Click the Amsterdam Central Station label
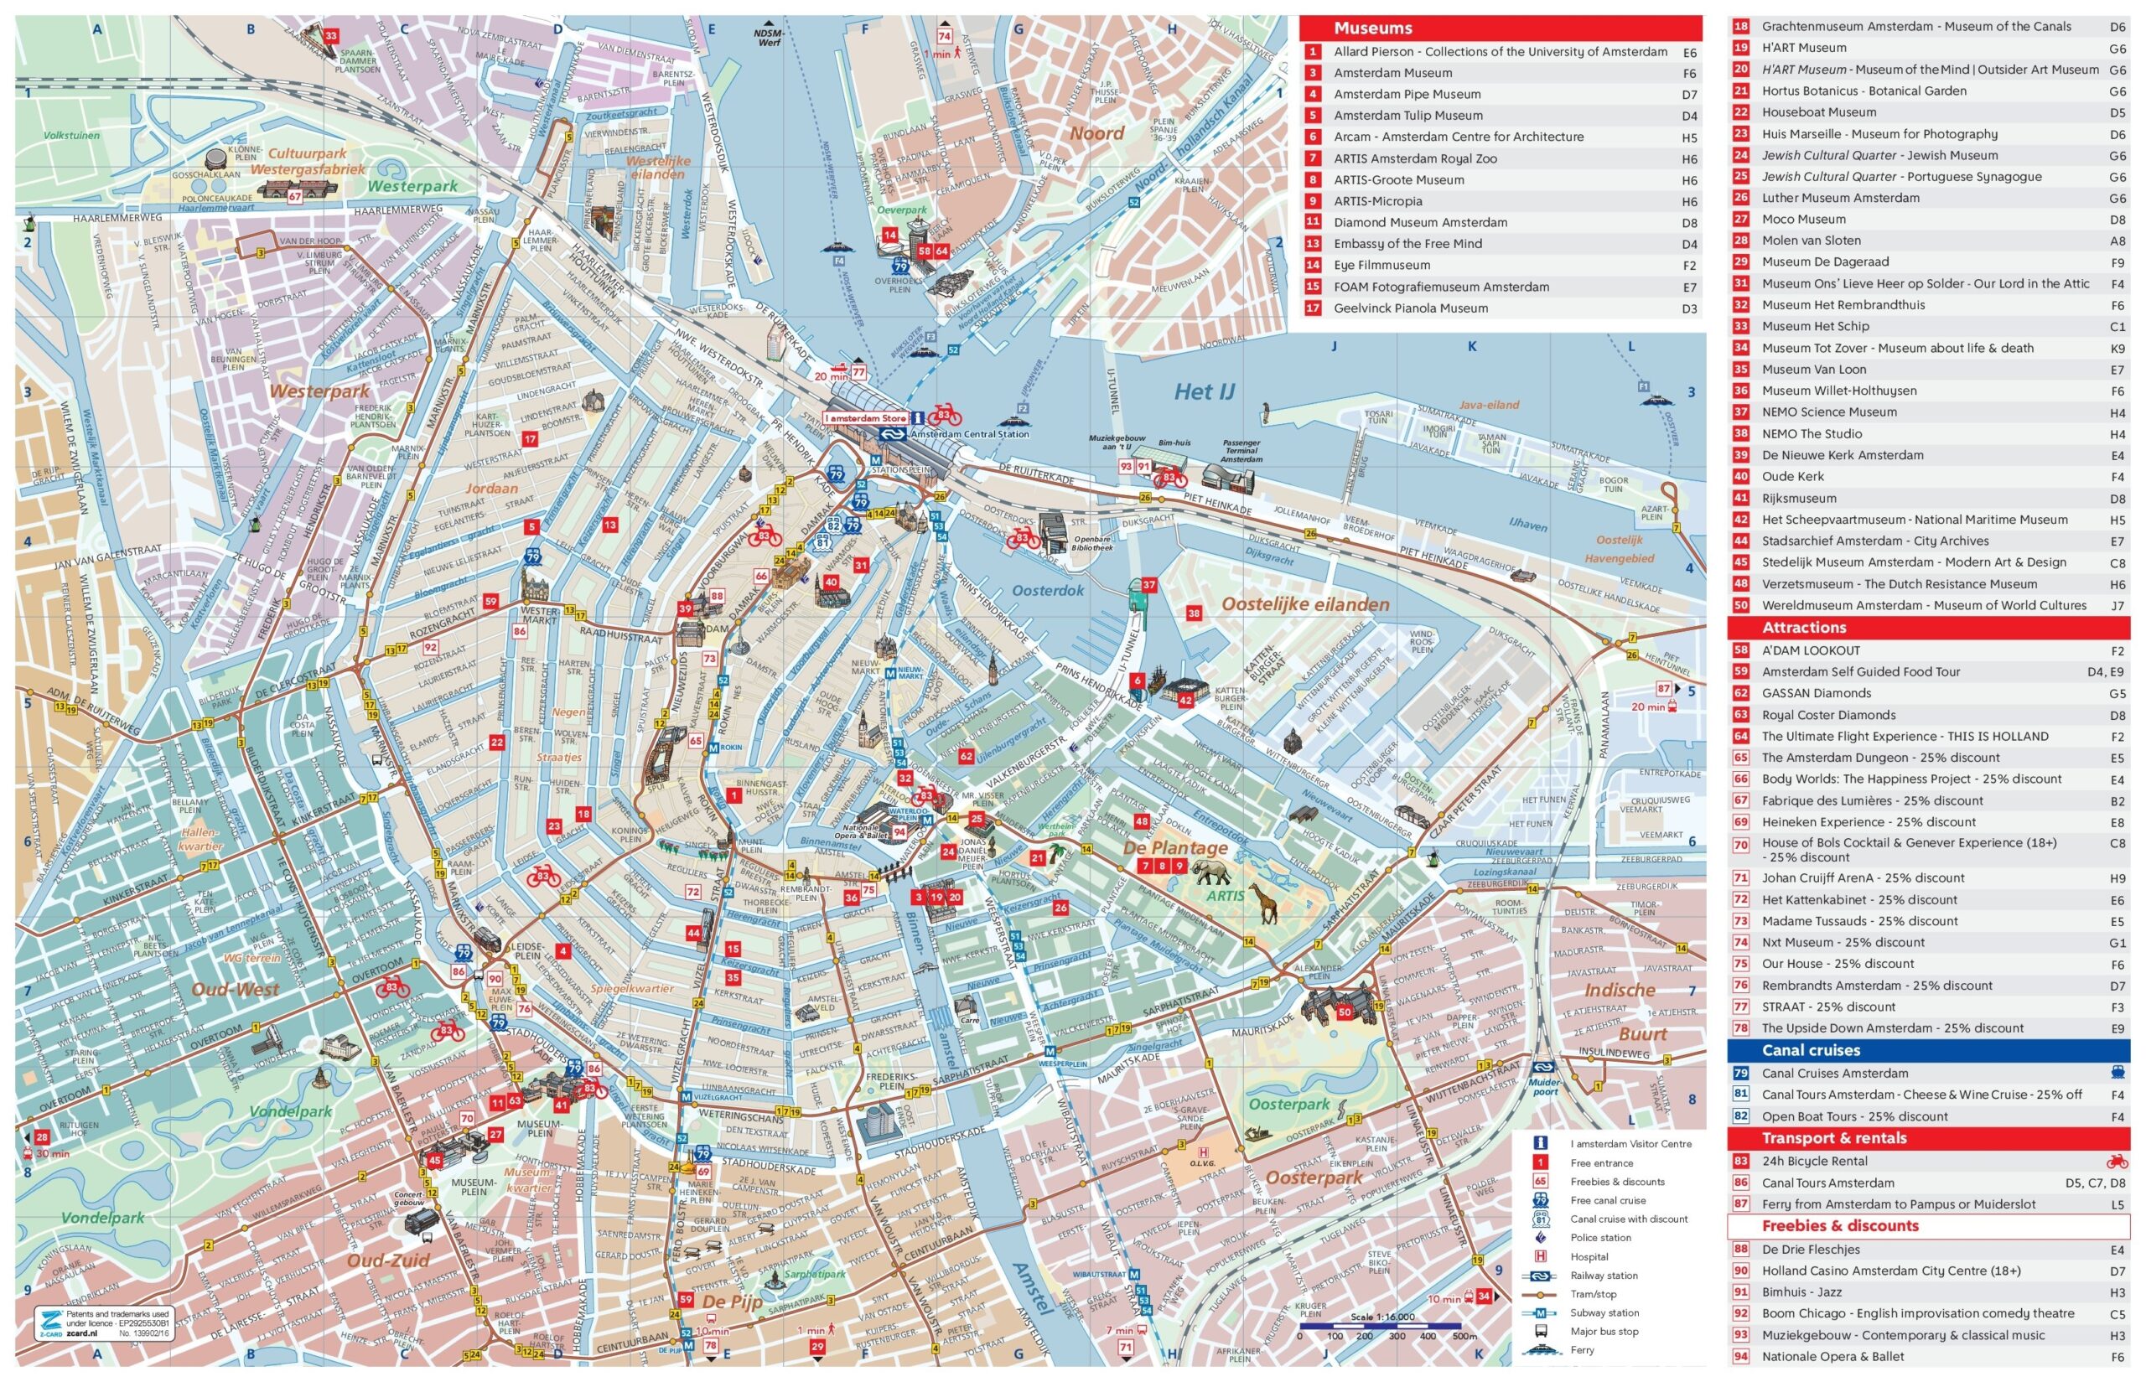click(x=969, y=434)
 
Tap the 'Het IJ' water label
click(x=1205, y=391)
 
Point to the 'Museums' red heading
click(x=1372, y=28)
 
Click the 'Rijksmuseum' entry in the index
click(x=1798, y=498)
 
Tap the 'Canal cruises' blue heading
click(x=1811, y=1050)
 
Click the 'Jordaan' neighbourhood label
click(x=492, y=489)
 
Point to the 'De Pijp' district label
click(x=732, y=1302)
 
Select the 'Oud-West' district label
click(x=236, y=990)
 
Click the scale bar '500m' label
click(x=1464, y=1336)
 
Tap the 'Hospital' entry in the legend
click(x=1589, y=1256)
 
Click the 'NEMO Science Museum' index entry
click(x=1828, y=411)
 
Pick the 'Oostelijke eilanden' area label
click(x=1305, y=605)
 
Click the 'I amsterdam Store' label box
click(x=866, y=418)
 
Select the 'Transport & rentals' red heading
click(x=1832, y=1138)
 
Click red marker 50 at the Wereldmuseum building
click(x=1344, y=1012)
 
